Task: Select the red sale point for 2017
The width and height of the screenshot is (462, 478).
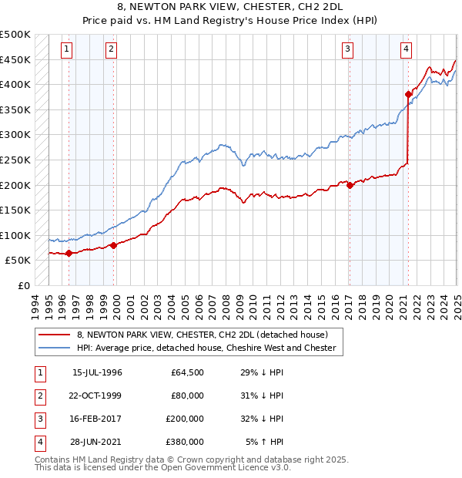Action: click(350, 185)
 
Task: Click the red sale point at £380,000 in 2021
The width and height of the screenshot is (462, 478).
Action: click(408, 95)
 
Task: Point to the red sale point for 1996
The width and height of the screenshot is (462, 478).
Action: click(69, 253)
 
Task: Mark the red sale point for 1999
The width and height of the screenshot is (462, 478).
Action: click(113, 245)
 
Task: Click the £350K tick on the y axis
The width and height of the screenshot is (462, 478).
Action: click(15, 110)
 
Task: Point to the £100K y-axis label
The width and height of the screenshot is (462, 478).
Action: click(15, 235)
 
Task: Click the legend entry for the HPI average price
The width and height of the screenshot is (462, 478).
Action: click(206, 348)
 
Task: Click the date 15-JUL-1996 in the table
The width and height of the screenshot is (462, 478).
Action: click(97, 372)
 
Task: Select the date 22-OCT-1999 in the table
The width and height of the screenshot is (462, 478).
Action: click(97, 396)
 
